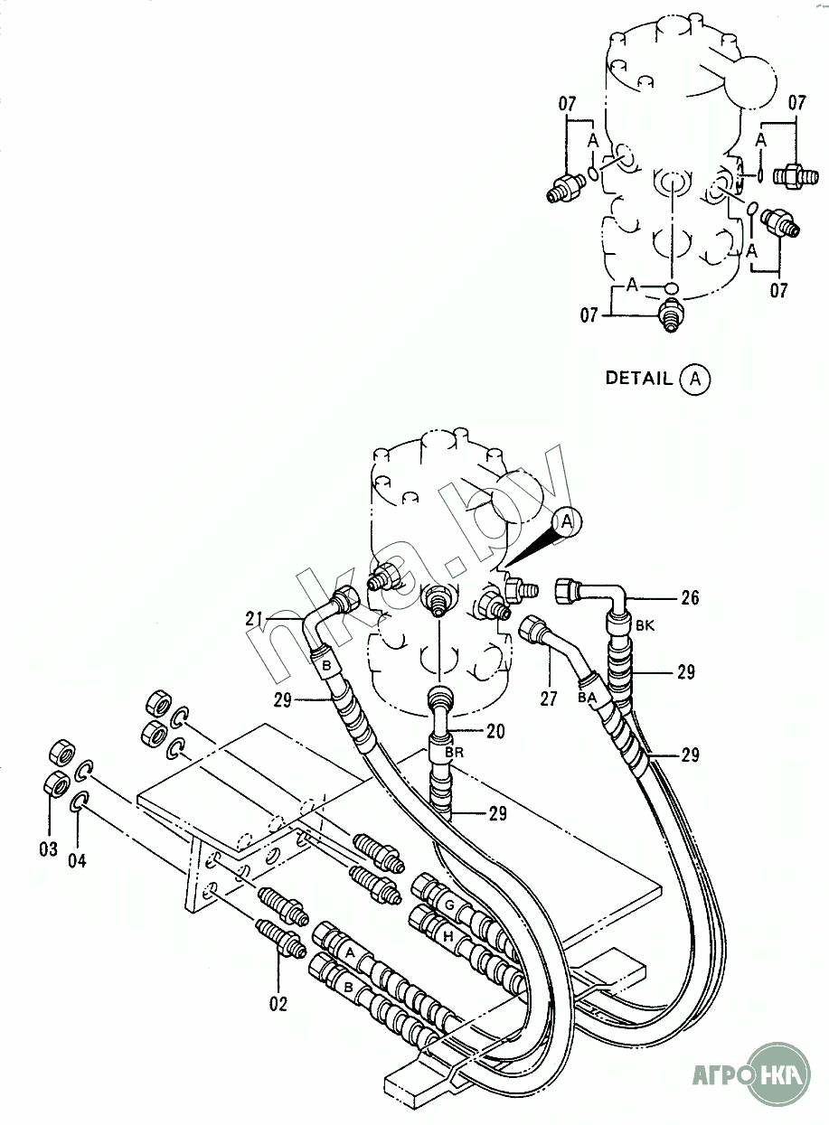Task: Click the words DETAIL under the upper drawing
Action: point(638,378)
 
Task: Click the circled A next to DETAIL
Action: point(695,380)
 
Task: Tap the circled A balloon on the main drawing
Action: point(567,522)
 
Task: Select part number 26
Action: point(690,597)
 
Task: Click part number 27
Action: point(548,698)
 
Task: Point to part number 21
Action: point(255,619)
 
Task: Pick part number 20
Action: point(495,731)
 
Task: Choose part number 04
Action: point(77,860)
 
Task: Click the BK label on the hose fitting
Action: point(645,626)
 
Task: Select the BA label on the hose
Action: point(588,698)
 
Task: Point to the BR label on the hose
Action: point(454,753)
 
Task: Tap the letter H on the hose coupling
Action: point(448,935)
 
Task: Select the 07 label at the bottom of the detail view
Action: point(589,315)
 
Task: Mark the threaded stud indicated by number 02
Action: point(282,936)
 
